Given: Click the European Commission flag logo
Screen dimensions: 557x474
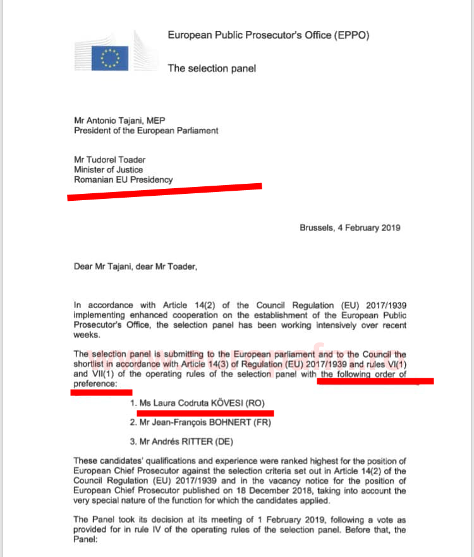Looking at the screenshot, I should pos(110,57).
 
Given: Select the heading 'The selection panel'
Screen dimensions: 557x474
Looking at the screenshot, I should pos(212,68).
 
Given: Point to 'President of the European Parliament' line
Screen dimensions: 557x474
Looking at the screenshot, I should pos(146,131).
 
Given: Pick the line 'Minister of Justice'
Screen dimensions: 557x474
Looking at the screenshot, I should pos(108,169).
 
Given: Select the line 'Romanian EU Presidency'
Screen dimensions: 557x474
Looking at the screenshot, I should pos(123,179).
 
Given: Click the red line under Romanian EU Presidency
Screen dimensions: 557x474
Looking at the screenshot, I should pos(164,191).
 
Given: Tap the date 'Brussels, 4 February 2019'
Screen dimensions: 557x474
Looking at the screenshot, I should pos(349,228).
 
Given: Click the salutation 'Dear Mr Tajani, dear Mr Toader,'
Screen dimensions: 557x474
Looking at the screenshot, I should pos(135,267).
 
